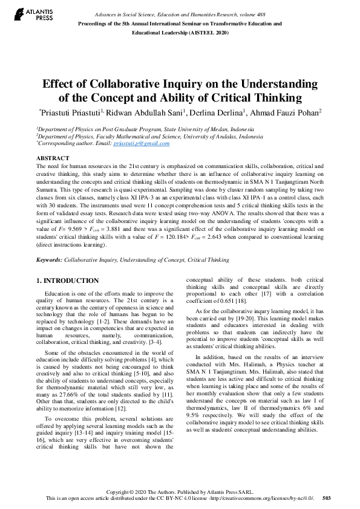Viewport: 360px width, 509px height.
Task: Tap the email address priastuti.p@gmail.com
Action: click(x=149, y=143)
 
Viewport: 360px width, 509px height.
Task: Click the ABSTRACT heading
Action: click(x=53, y=158)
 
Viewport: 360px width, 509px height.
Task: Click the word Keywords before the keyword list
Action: click(x=49, y=259)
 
